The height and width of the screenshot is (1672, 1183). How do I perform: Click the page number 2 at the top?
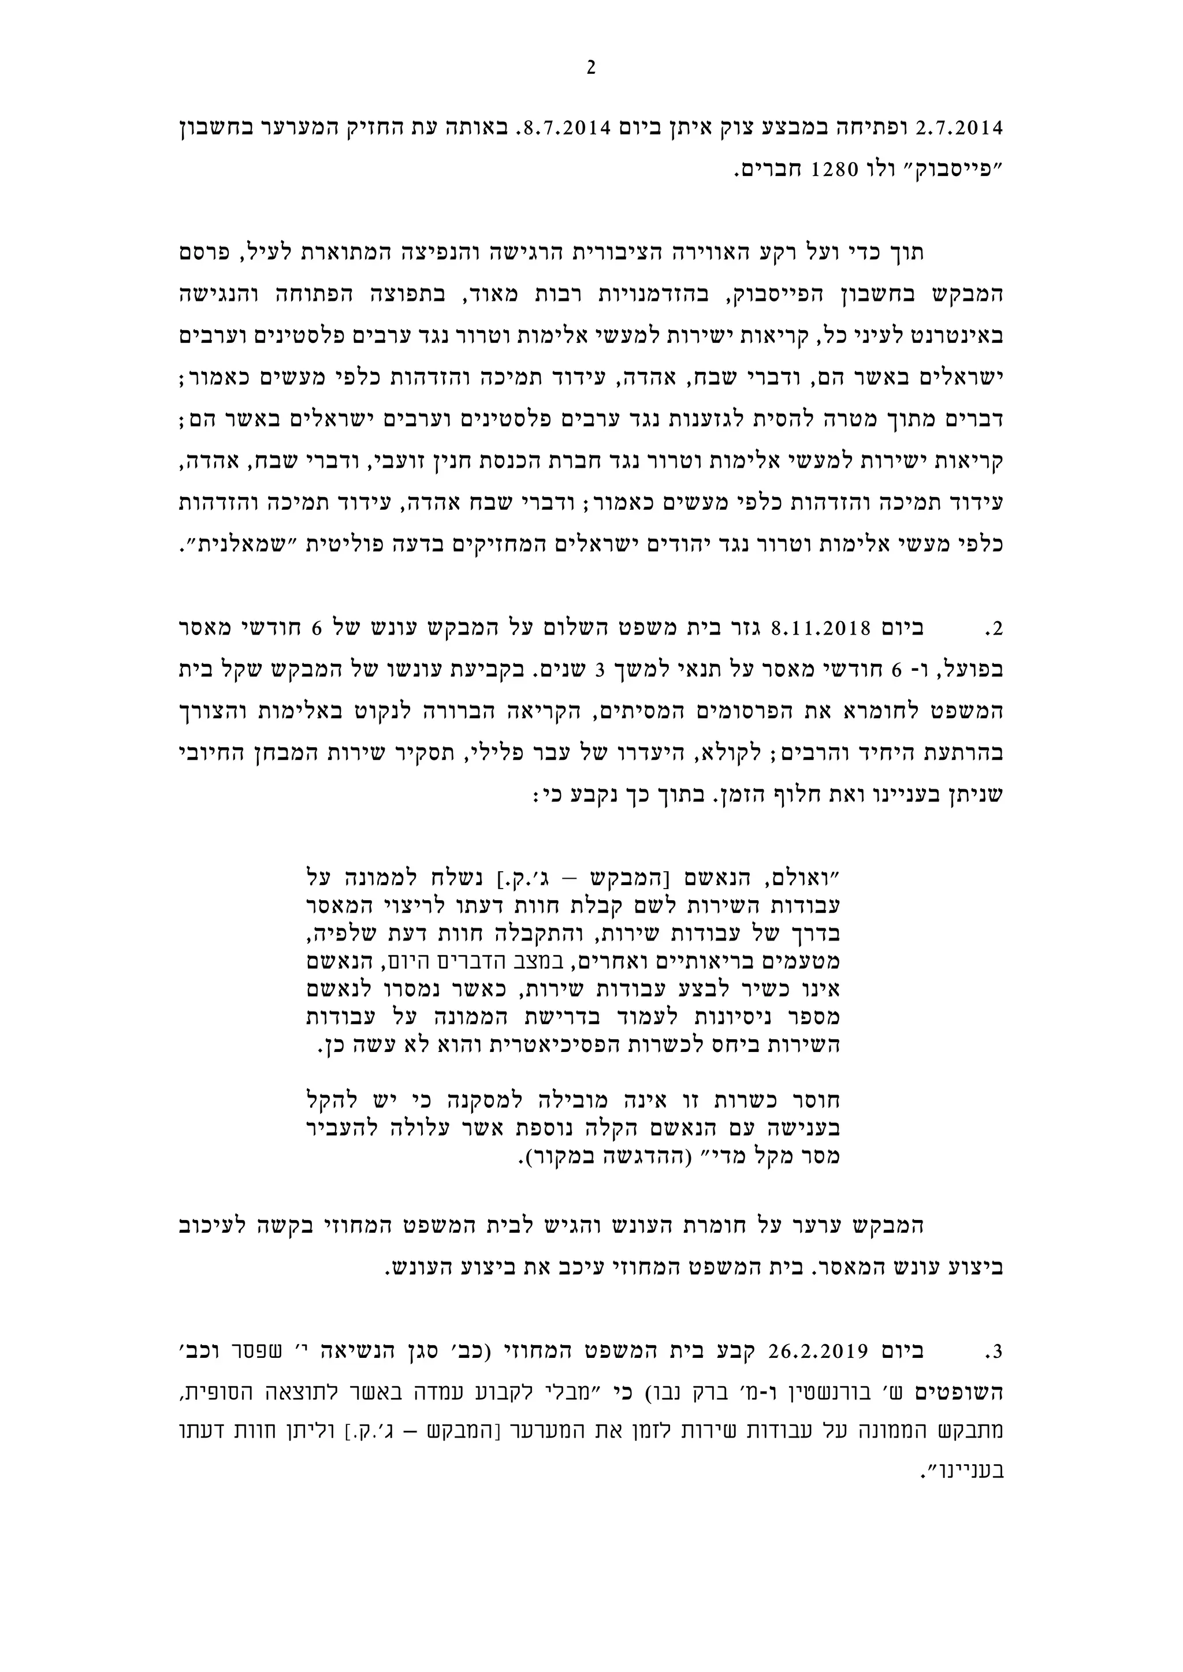[591, 68]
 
